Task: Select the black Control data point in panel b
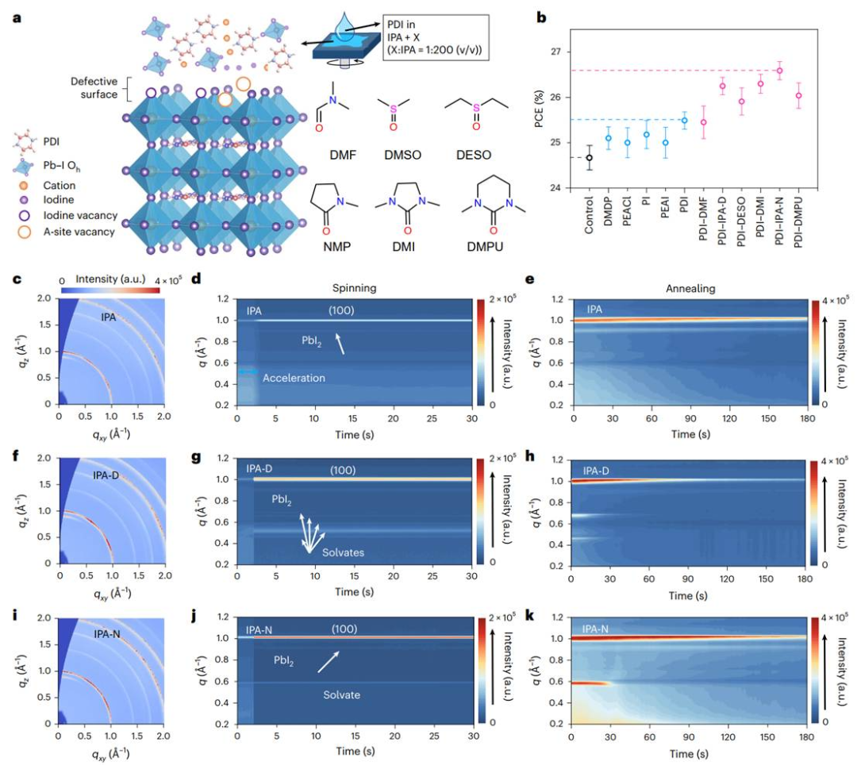point(590,157)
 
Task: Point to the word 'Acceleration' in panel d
point(294,379)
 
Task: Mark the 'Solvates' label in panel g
point(343,552)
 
